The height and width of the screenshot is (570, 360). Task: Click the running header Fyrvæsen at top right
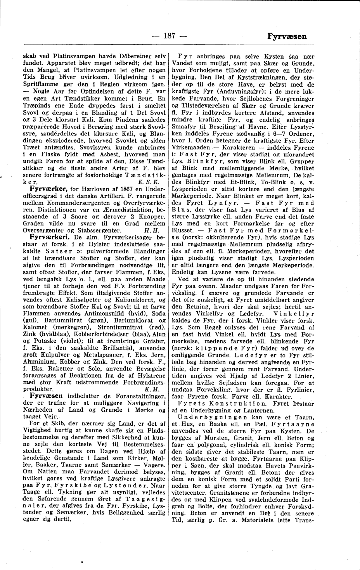287,36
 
